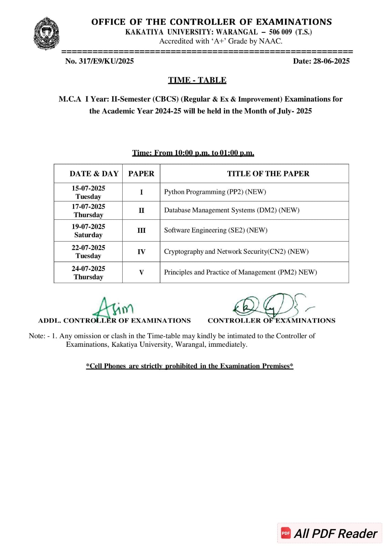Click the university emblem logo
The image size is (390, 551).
(46, 34)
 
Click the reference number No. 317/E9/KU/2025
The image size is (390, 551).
(99, 61)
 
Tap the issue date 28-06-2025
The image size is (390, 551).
(321, 61)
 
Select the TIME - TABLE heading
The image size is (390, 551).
(197, 80)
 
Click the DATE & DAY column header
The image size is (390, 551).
(94, 174)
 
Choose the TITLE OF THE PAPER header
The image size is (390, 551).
(268, 174)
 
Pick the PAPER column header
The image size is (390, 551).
(141, 174)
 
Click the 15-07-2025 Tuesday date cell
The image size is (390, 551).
(88, 192)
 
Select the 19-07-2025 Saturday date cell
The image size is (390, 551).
(88, 230)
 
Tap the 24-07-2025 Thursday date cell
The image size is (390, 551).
(88, 272)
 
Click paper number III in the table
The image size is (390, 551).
(141, 230)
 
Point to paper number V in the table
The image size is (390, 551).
(141, 272)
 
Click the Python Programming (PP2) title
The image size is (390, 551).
(215, 192)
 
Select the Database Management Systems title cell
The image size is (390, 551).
(232, 210)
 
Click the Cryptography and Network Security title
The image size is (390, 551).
(236, 251)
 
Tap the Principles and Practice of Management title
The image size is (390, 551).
(240, 272)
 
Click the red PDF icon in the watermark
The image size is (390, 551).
(286, 533)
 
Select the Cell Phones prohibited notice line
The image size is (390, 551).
(189, 366)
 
